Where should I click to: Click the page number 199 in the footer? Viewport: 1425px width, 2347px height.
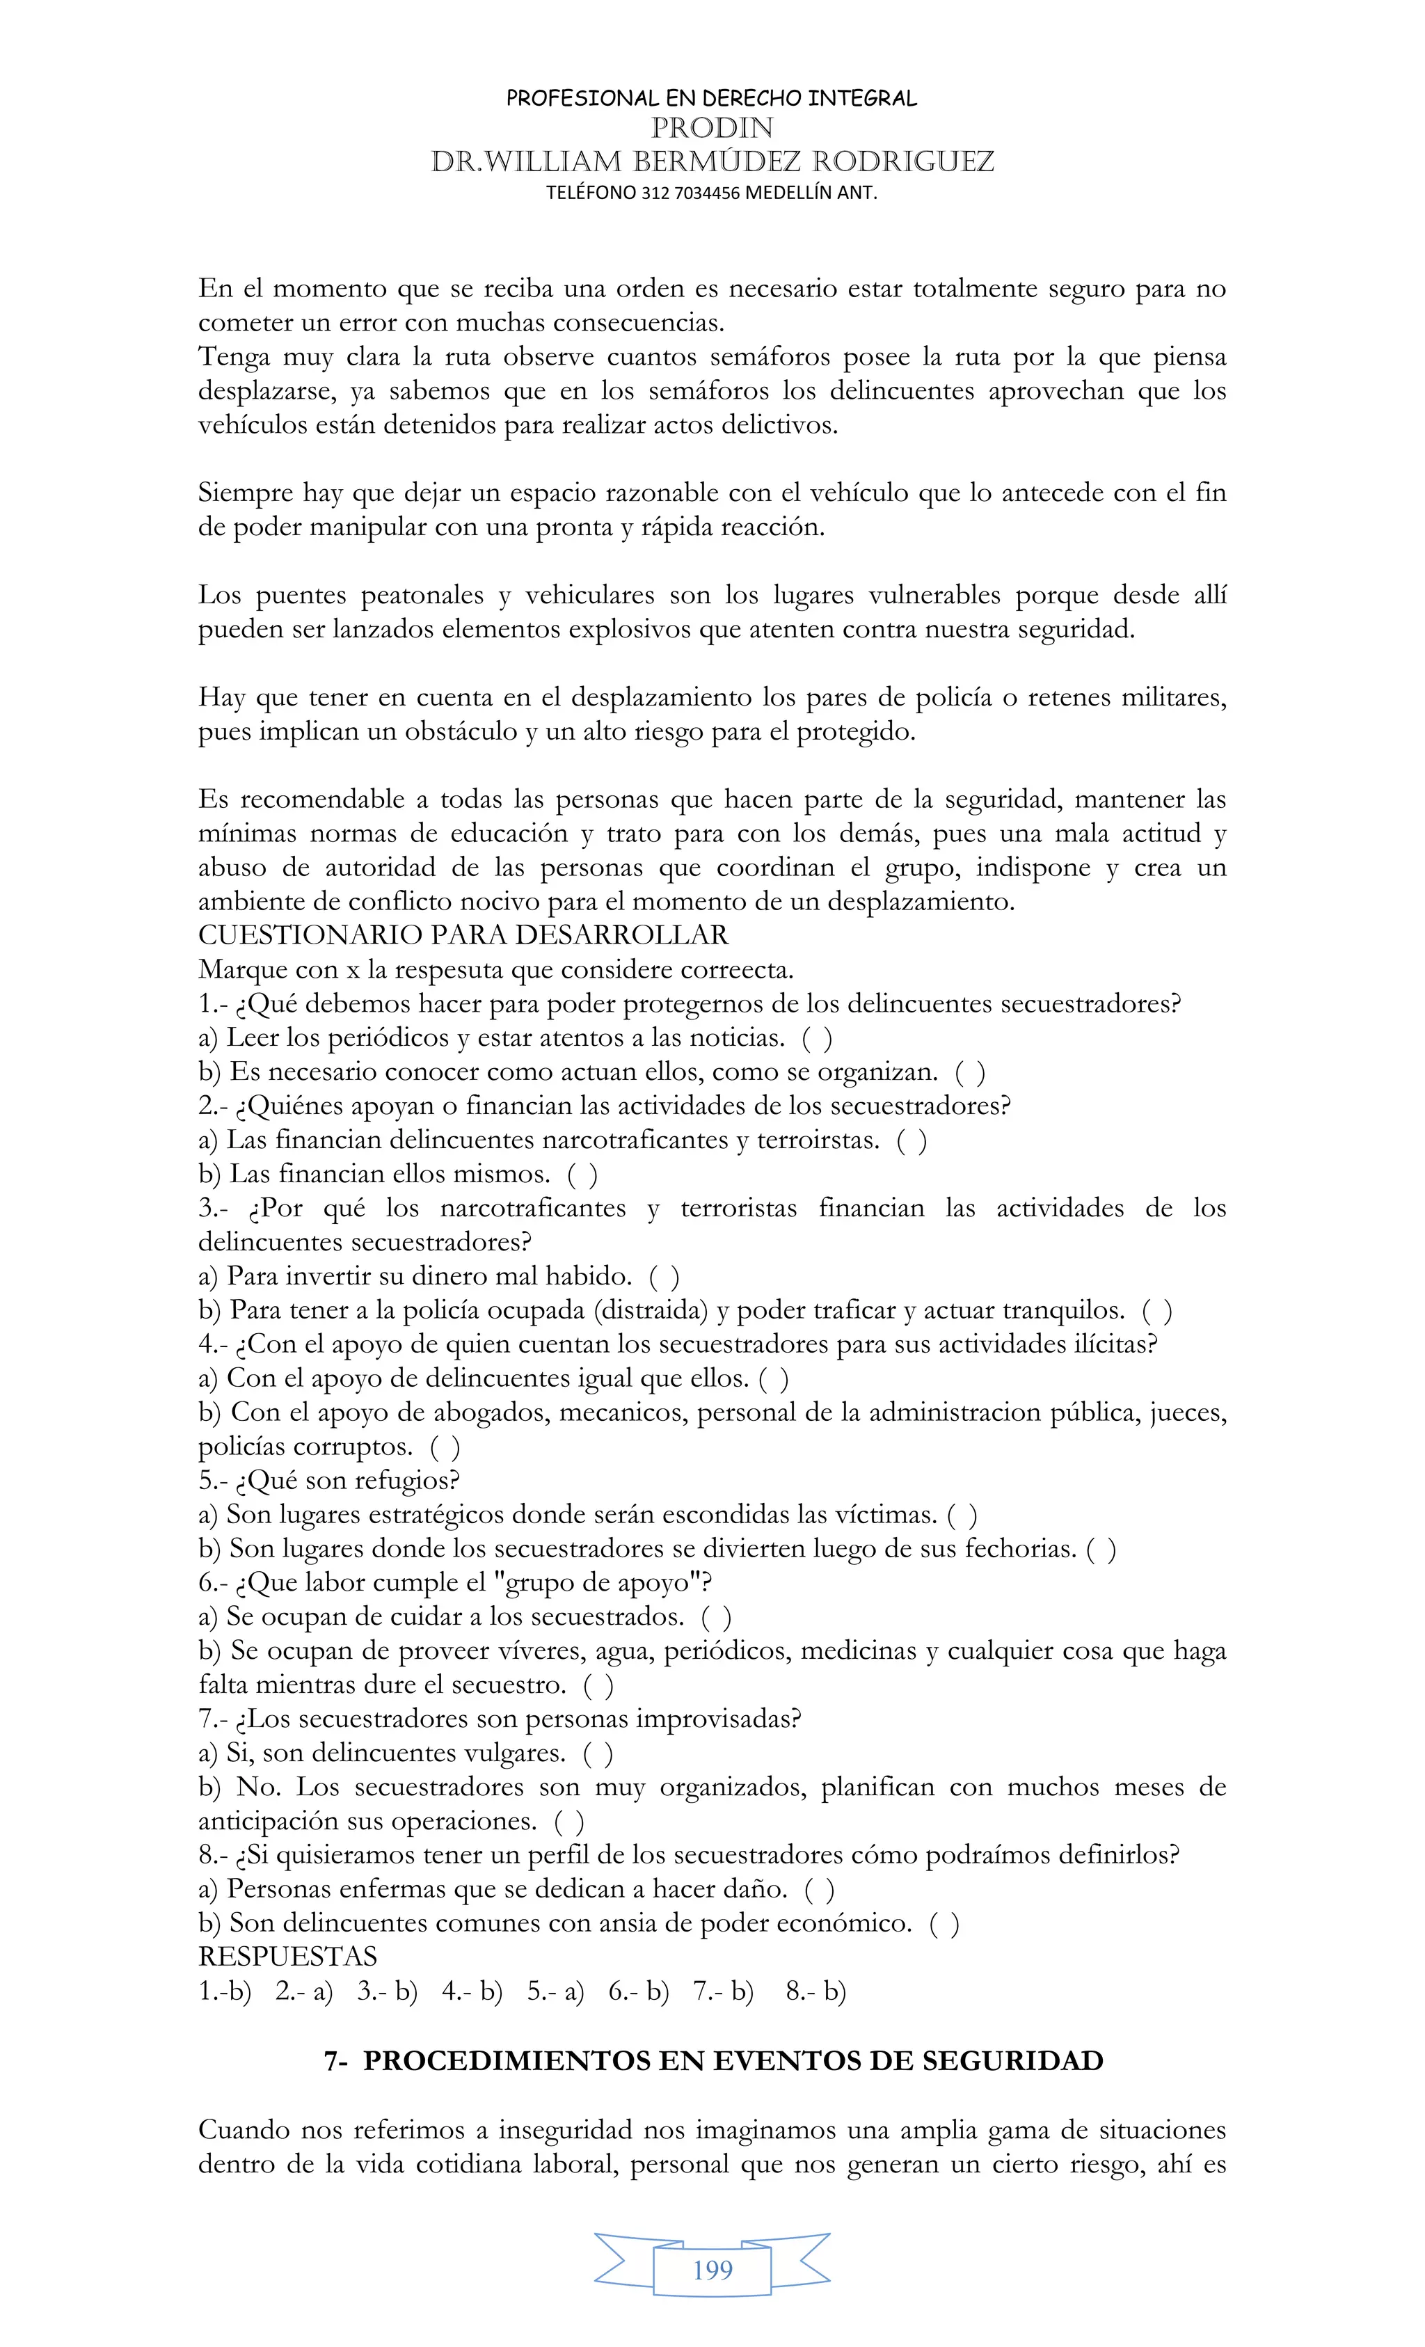pos(712,2270)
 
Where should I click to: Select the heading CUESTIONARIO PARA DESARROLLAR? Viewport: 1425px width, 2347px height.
pos(463,935)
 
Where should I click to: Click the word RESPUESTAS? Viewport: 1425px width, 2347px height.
pos(287,1957)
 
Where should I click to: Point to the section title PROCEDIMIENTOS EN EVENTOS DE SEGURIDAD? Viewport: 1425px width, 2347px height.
pos(733,2061)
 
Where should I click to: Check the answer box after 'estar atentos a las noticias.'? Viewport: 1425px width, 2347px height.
pos(818,1038)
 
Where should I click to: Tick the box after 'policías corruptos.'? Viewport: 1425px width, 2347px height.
pos(445,1447)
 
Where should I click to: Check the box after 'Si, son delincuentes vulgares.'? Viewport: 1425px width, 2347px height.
pos(598,1753)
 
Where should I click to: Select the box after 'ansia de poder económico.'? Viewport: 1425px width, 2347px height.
pos(944,1924)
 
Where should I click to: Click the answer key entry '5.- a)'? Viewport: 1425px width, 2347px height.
pos(555,1991)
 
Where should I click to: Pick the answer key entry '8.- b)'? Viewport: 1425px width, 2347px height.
pos(815,1991)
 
